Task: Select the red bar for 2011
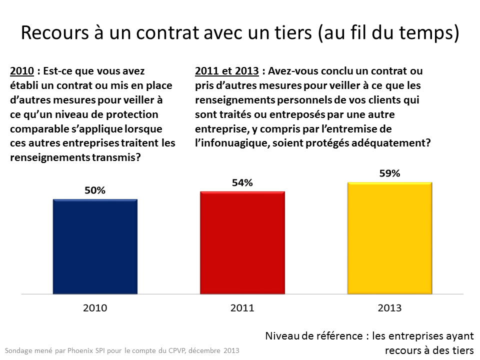242,241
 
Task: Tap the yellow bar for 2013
389,237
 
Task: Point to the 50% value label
95,190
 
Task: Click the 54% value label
242,182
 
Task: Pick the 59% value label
389,173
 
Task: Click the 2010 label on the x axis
95,308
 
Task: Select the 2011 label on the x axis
242,308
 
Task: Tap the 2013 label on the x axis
389,308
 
